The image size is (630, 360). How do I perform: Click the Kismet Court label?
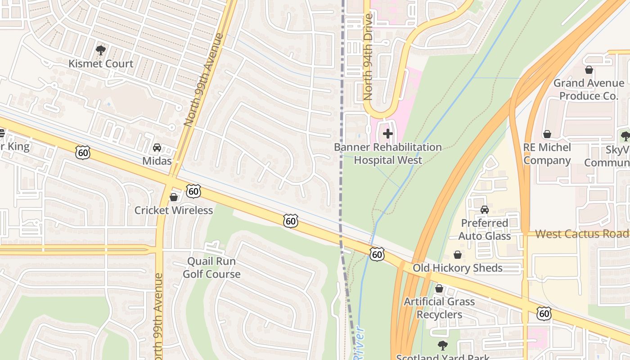click(x=101, y=63)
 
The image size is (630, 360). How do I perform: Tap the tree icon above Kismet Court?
click(x=101, y=50)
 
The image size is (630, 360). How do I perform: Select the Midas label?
click(x=157, y=161)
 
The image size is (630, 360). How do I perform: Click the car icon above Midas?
click(x=157, y=148)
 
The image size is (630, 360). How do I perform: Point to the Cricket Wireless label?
click(x=174, y=210)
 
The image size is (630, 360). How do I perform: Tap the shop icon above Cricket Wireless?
click(x=174, y=197)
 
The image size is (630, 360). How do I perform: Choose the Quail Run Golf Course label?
click(x=211, y=267)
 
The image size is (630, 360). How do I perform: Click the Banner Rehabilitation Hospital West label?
click(x=388, y=153)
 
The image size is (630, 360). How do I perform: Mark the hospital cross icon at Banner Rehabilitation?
click(x=388, y=134)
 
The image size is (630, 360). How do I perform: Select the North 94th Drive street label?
click(x=368, y=57)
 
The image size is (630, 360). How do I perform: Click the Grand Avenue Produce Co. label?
click(x=589, y=90)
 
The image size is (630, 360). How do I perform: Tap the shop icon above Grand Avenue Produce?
click(x=589, y=70)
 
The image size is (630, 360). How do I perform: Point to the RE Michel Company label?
click(x=547, y=154)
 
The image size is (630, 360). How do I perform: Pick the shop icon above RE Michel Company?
click(x=547, y=134)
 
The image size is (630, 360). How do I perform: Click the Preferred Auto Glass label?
click(x=485, y=229)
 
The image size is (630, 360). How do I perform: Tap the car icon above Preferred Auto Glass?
click(x=485, y=210)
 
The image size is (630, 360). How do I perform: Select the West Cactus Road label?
click(x=581, y=234)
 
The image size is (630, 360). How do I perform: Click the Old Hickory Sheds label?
click(x=458, y=268)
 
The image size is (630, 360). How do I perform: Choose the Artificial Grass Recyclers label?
click(x=439, y=308)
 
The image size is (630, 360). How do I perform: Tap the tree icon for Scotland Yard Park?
click(x=443, y=346)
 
